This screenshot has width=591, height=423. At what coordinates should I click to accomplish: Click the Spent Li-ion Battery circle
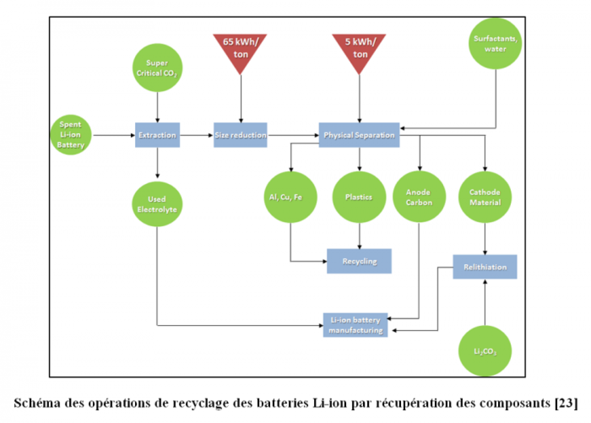pos(70,135)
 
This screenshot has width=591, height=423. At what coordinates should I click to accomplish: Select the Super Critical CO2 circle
pos(157,68)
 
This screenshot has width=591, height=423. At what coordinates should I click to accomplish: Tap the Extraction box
pos(157,135)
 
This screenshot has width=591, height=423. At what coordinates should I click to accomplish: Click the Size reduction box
pos(240,135)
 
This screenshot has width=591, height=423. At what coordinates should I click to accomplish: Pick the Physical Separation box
pos(359,135)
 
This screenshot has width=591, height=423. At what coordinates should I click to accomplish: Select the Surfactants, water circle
pos(495,44)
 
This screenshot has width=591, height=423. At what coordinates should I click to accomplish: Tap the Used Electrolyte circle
pos(157,204)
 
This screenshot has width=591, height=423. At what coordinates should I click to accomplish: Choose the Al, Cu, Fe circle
pos(290,197)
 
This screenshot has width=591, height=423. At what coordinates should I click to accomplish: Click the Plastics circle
pos(359,197)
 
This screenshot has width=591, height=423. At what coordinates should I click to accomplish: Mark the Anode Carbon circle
pos(419,197)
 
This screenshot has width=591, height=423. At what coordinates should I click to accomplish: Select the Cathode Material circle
pos(485,197)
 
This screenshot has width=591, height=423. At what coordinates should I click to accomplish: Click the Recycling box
pos(359,261)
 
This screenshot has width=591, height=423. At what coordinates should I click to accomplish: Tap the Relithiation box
pos(485,267)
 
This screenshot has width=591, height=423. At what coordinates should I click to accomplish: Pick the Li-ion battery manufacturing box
pos(355,325)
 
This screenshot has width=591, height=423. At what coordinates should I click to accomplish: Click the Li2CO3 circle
pos(485,351)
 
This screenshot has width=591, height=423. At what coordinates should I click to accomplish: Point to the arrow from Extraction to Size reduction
pos(197,135)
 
